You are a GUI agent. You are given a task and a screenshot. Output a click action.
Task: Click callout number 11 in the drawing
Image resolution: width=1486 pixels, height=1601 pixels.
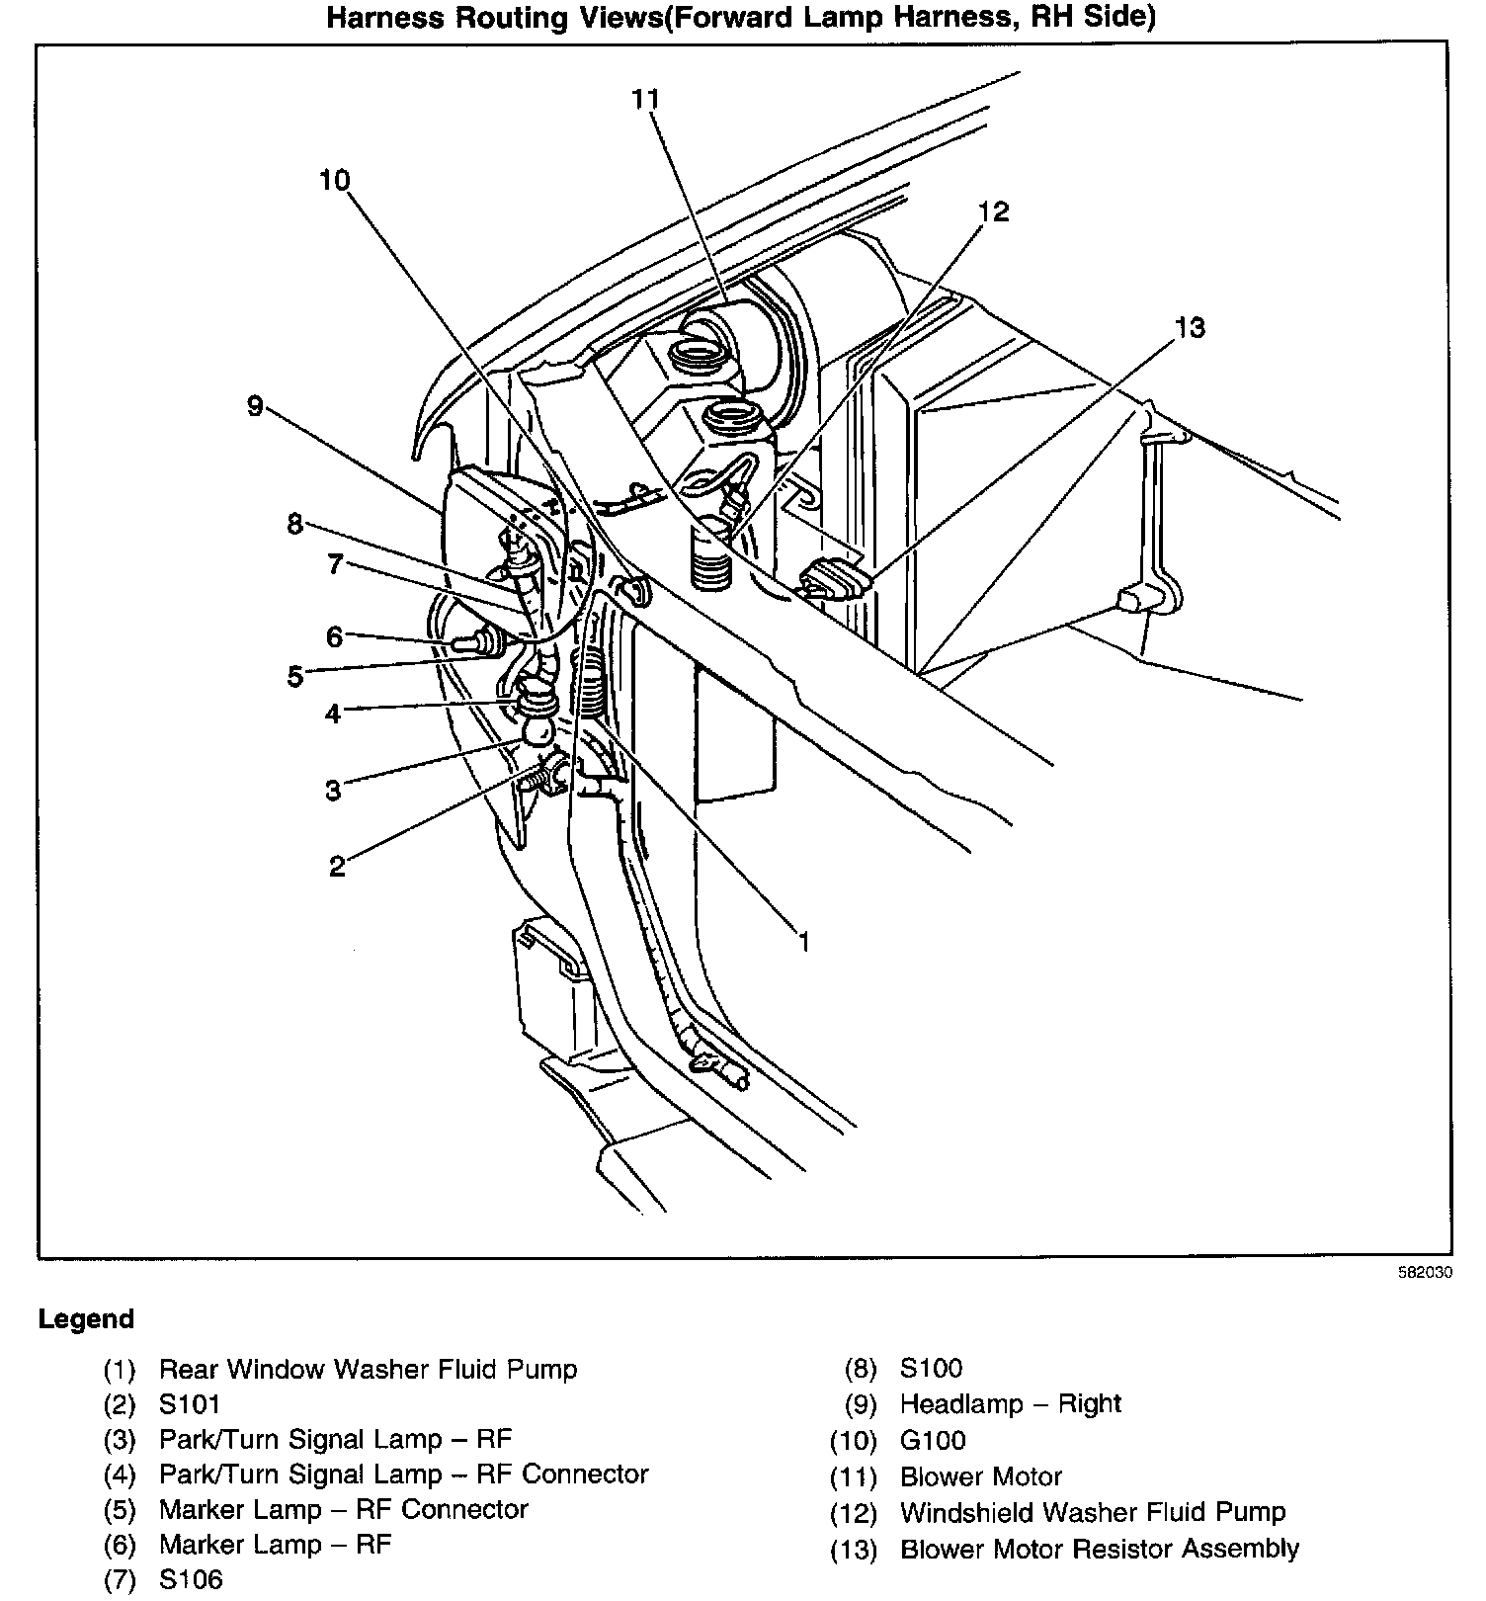pos(645,99)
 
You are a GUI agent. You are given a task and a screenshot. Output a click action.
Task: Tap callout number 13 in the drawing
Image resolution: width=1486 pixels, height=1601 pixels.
pos(1191,327)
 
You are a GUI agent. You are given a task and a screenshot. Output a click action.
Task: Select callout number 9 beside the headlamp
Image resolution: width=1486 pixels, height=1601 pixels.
pos(255,405)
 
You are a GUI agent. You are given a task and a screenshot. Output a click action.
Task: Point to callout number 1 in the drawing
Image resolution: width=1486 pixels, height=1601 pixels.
pos(804,942)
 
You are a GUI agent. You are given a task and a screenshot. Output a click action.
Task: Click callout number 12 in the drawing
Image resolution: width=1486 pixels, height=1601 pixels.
pos(994,211)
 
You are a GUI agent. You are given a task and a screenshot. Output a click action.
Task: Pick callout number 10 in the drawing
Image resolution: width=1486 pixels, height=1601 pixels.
pos(335,181)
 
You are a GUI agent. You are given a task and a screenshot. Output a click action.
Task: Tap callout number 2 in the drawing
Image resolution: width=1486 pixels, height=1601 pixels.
pos(337,867)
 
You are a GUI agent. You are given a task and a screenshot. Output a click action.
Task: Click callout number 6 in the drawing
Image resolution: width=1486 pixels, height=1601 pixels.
pos(334,637)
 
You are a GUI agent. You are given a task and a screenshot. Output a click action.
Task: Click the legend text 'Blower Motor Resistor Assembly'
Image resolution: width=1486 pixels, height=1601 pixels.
pos(1099,1549)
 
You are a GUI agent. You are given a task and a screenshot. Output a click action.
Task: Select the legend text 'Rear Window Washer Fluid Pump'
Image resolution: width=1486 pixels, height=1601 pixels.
pos(368,1369)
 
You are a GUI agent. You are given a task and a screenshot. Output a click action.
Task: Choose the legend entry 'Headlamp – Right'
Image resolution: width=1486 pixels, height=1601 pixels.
pos(1010,1404)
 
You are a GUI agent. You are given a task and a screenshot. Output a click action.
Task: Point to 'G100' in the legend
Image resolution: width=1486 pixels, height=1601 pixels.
pos(933,1440)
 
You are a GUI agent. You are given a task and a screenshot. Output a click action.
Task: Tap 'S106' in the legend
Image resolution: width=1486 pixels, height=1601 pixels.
pos(191,1580)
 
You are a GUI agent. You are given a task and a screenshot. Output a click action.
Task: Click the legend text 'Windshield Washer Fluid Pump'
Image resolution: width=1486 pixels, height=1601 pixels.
pos(1093,1512)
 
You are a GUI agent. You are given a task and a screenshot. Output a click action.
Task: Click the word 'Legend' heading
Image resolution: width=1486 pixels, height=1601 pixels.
pos(86,1319)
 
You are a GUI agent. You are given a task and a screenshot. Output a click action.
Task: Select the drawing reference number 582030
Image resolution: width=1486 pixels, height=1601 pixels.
pos(1425,1274)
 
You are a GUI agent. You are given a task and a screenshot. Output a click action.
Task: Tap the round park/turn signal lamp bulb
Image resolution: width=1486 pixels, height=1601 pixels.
pos(538,732)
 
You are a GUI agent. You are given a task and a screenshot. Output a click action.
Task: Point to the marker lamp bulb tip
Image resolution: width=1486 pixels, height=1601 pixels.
pos(460,643)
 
